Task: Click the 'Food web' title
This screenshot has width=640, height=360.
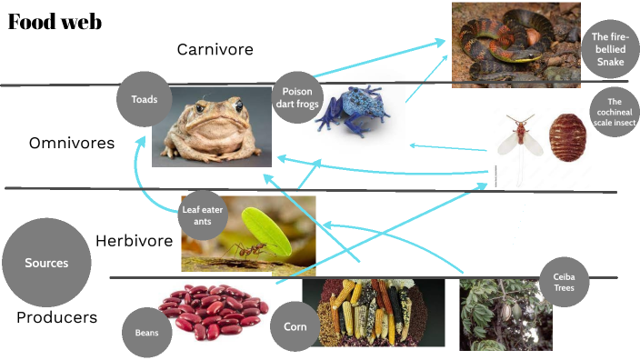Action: pyautogui.click(x=55, y=23)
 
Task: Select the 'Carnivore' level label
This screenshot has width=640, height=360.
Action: pyautogui.click(x=215, y=49)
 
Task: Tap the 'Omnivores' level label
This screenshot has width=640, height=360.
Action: pyautogui.click(x=72, y=144)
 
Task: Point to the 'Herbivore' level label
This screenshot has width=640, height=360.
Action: pyautogui.click(x=134, y=241)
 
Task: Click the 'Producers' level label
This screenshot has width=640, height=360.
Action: pyautogui.click(x=56, y=318)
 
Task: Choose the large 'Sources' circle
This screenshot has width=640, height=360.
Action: pyautogui.click(x=46, y=263)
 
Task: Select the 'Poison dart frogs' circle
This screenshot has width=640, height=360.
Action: pyautogui.click(x=297, y=97)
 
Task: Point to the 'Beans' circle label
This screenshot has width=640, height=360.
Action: pyautogui.click(x=146, y=334)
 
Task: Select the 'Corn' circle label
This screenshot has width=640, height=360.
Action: pyautogui.click(x=294, y=326)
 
